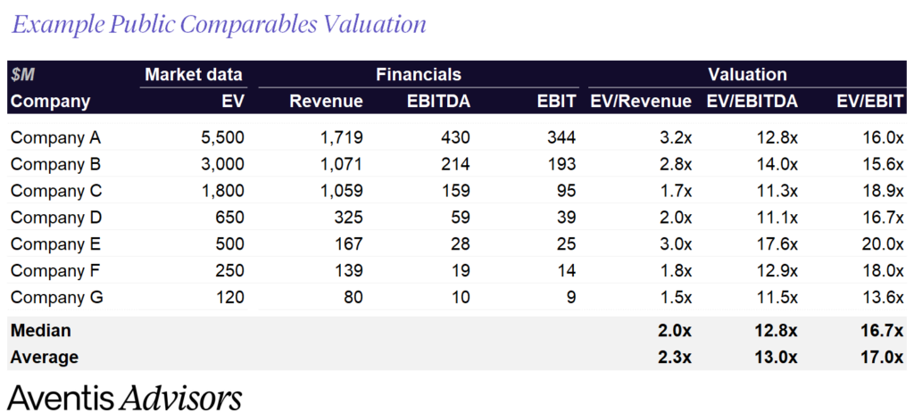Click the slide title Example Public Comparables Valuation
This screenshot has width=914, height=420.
[x=218, y=24]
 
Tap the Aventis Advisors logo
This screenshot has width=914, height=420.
[x=125, y=398]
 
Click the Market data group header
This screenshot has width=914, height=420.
[x=194, y=75]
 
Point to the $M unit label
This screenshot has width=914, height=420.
[x=23, y=75]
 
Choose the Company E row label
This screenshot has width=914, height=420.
[x=56, y=244]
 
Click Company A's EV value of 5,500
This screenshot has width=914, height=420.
[x=220, y=138]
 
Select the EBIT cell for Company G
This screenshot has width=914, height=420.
[x=569, y=297]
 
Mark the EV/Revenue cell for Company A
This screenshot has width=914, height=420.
[x=674, y=138]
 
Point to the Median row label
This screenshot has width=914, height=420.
[x=41, y=331]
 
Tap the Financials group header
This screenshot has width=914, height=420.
[x=418, y=75]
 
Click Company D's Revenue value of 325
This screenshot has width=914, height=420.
[x=345, y=218]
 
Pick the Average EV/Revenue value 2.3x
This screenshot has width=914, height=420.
[x=674, y=357]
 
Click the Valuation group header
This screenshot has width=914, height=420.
[x=747, y=75]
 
